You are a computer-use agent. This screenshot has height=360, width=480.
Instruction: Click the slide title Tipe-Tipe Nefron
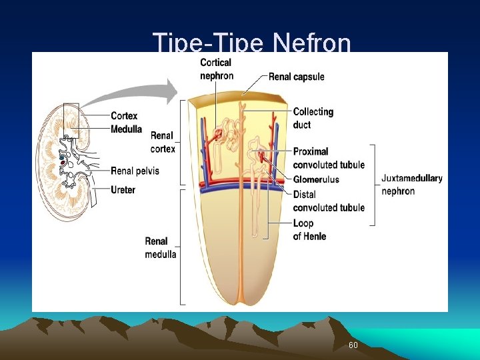pyautogui.click(x=251, y=43)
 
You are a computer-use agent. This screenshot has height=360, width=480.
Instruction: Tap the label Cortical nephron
pyautogui.click(x=216, y=69)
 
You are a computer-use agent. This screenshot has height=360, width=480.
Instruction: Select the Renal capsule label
pyautogui.click(x=296, y=77)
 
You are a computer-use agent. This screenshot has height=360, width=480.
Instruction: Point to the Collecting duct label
pyautogui.click(x=313, y=118)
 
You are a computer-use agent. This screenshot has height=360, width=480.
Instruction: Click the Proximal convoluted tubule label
pyautogui.click(x=329, y=158)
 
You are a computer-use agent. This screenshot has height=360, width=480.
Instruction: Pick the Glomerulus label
pyautogui.click(x=316, y=179)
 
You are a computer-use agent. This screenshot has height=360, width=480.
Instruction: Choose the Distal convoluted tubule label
pyautogui.click(x=329, y=201)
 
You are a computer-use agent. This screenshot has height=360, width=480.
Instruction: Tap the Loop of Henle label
pyautogui.click(x=309, y=229)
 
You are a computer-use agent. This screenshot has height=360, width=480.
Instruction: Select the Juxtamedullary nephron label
pyautogui.click(x=411, y=185)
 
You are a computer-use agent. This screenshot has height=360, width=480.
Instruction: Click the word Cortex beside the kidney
pyautogui.click(x=124, y=116)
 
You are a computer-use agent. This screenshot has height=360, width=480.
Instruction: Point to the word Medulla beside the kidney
pyautogui.click(x=126, y=129)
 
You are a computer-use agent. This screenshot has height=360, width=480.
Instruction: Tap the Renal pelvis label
pyautogui.click(x=135, y=171)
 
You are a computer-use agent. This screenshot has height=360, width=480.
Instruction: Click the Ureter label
pyautogui.click(x=123, y=190)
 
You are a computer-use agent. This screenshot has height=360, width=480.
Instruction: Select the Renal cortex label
pyautogui.click(x=163, y=142)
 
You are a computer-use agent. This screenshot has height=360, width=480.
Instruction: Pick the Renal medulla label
pyautogui.click(x=161, y=247)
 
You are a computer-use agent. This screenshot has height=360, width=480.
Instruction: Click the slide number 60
pyautogui.click(x=353, y=345)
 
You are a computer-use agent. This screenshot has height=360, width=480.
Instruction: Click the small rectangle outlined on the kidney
pyautogui.click(x=71, y=120)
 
